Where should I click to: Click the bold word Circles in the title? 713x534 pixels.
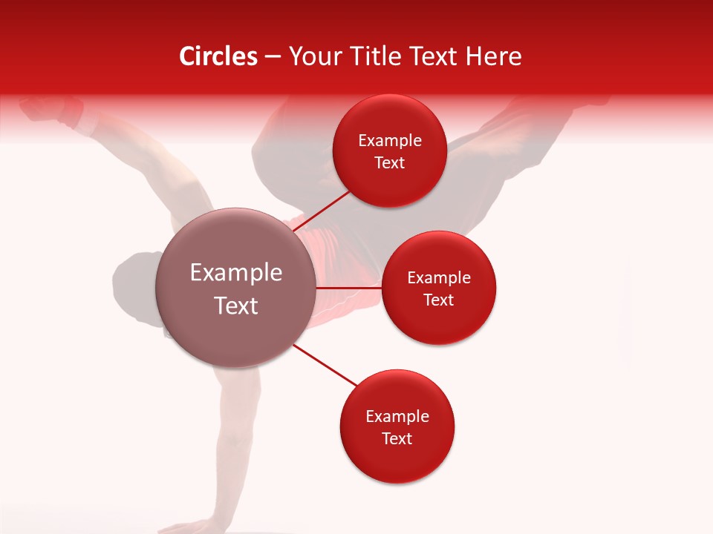[x=218, y=56]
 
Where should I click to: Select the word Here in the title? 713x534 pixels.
[x=495, y=56]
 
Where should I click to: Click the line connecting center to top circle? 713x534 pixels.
[x=324, y=211]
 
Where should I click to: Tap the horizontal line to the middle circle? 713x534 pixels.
[x=349, y=287]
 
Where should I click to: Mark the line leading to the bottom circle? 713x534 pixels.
[x=325, y=365]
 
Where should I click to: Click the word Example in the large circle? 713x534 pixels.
[x=236, y=273]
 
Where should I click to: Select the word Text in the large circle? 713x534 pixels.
[x=236, y=306]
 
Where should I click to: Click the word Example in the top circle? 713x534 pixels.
[x=390, y=141]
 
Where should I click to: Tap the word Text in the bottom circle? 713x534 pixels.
[x=397, y=438]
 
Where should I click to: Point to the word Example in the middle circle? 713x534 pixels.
[x=439, y=278]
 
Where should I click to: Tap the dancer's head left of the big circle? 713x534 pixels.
[x=134, y=289]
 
